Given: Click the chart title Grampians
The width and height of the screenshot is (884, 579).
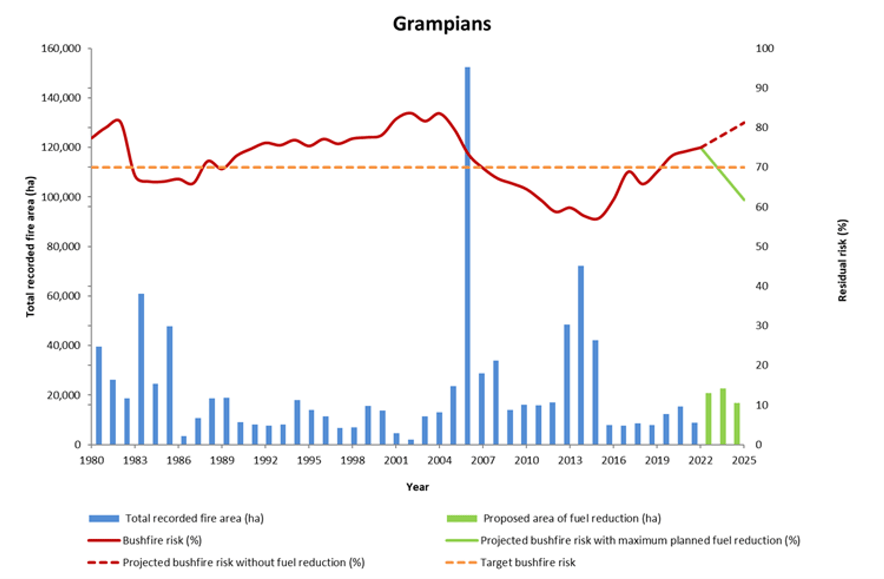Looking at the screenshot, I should [x=442, y=24].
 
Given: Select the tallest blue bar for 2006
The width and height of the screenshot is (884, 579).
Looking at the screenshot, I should [x=467, y=256].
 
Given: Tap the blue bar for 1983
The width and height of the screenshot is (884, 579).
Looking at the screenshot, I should [x=141, y=369].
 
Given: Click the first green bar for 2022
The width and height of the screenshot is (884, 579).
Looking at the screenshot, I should [x=708, y=418].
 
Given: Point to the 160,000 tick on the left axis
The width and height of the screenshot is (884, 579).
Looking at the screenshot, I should [x=61, y=48].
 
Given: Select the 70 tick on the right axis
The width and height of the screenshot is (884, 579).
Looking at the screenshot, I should [x=761, y=167].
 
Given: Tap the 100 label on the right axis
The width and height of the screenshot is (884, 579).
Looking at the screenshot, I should [x=764, y=48].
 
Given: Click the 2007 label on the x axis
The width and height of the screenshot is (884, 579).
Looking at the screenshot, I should [x=483, y=460].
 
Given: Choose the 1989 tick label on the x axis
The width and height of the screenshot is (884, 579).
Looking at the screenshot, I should [x=222, y=460].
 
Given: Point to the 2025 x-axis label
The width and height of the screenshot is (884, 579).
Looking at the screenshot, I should [x=744, y=460].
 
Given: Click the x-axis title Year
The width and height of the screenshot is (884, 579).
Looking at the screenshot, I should [x=417, y=487].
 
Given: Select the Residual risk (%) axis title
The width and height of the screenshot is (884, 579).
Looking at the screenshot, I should [x=843, y=260].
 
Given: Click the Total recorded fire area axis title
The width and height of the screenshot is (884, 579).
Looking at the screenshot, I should [x=31, y=246].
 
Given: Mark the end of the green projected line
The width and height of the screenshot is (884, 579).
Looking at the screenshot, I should [x=745, y=200].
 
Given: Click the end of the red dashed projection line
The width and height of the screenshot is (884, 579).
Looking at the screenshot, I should [x=745, y=122].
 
